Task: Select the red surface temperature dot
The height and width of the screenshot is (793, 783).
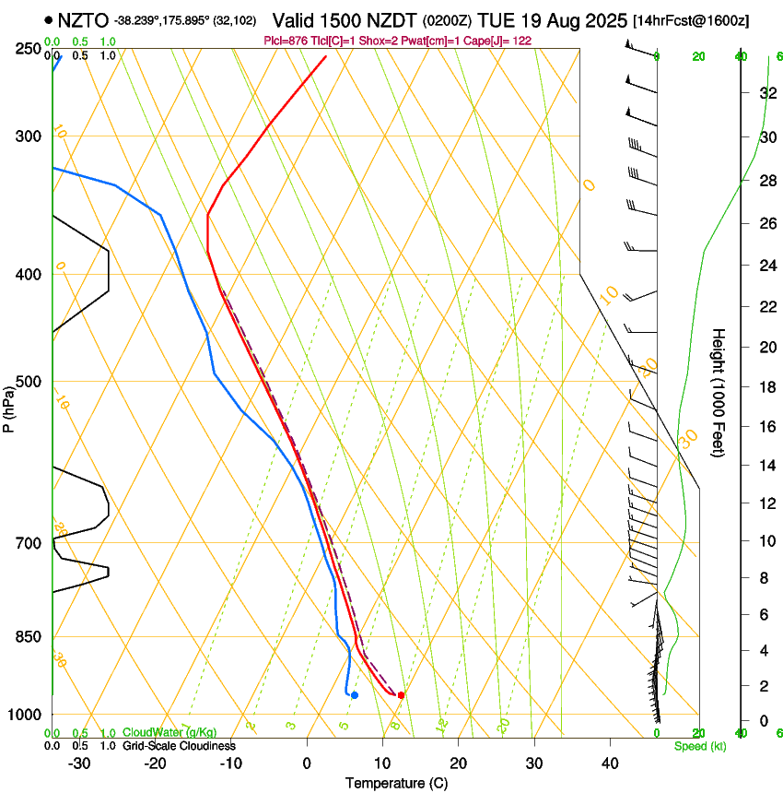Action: point(401,695)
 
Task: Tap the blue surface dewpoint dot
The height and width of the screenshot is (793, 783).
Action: point(355,695)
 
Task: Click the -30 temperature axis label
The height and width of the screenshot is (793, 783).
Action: point(79,763)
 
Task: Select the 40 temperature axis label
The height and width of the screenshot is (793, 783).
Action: point(609,763)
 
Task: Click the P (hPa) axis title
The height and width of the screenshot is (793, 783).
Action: point(9,406)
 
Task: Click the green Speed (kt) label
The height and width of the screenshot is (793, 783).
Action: point(700,746)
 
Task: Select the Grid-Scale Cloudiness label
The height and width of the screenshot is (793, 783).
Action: point(179,746)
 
